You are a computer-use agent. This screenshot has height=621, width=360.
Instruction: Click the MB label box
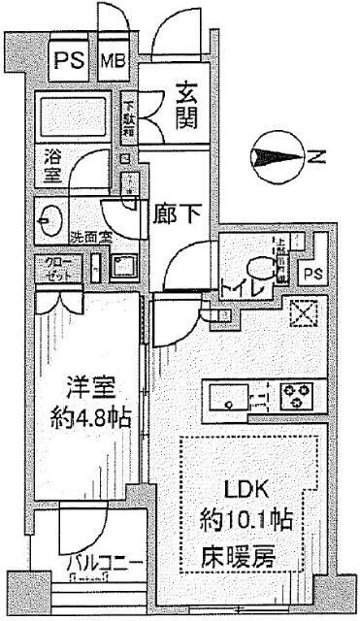coord(115,62)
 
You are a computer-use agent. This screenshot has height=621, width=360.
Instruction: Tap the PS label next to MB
coord(67,62)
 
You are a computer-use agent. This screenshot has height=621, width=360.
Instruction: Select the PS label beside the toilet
coord(311,275)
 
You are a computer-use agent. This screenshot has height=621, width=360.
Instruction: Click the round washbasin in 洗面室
coord(49,220)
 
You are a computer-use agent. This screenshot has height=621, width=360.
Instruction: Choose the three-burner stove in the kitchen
coord(296,396)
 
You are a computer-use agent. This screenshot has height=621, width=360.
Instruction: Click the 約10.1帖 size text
coord(254,517)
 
